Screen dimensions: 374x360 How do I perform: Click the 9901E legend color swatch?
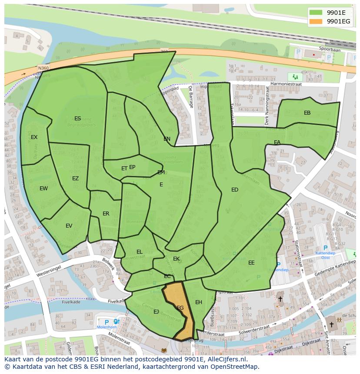[x=316, y=13]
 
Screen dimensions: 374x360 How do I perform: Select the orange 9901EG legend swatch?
[x=316, y=21]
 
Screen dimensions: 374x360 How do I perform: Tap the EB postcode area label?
[x=307, y=113]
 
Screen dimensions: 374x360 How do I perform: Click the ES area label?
[x=77, y=119]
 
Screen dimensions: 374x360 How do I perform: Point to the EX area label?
[x=34, y=137]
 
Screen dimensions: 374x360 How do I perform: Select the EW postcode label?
[x=43, y=189]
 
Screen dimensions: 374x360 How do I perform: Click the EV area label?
[x=69, y=226]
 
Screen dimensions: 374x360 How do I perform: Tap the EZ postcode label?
[x=75, y=179]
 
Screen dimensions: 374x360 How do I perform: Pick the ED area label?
[x=235, y=190]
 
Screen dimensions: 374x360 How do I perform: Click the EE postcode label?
[x=251, y=263]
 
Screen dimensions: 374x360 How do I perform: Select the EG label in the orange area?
[x=180, y=308]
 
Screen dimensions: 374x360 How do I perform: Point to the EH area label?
[x=199, y=302]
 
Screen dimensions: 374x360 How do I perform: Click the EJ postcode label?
[x=156, y=312]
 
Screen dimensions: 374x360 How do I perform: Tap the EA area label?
[x=277, y=142]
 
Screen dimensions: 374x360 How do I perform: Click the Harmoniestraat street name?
[x=285, y=83]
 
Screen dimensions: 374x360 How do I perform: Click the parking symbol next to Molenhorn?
[x=107, y=322]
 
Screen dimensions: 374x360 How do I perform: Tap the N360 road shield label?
[x=43, y=68]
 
